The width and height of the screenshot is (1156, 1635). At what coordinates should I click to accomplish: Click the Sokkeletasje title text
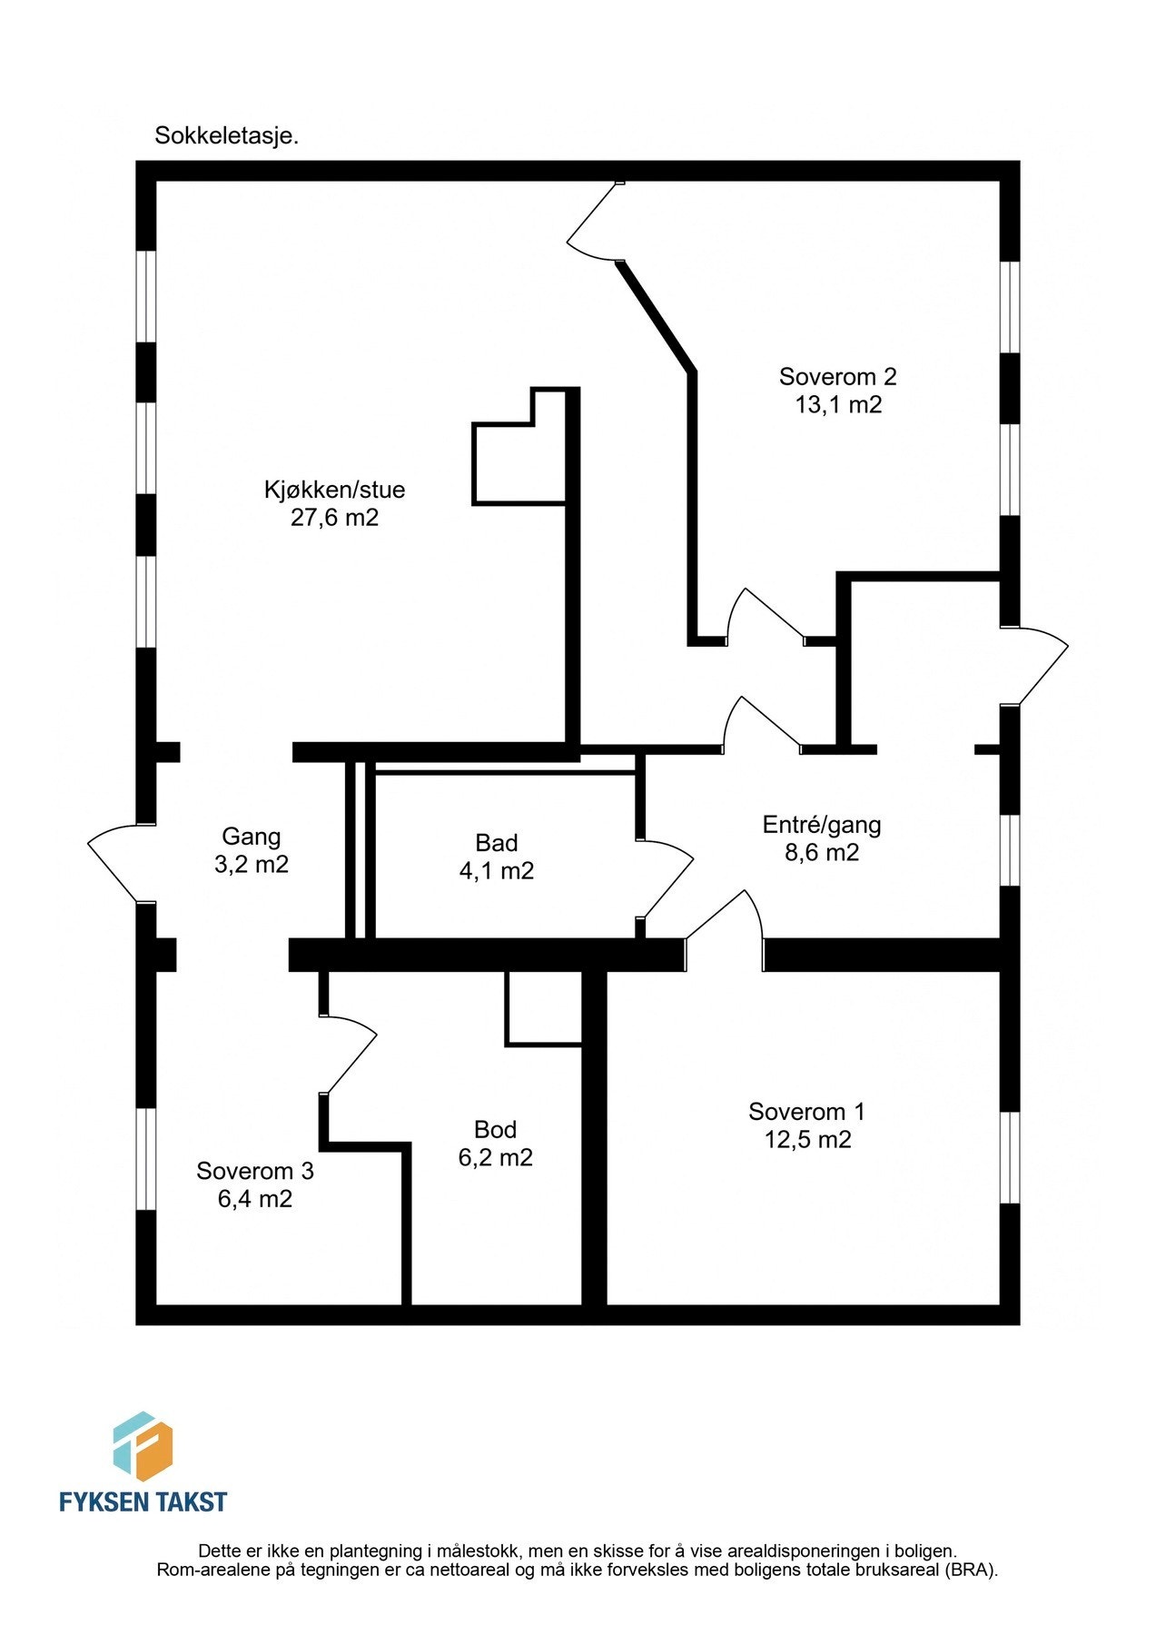(226, 136)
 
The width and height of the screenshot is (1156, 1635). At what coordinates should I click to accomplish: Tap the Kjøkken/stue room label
(334, 490)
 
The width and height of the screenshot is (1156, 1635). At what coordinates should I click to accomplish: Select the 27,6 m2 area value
(334, 518)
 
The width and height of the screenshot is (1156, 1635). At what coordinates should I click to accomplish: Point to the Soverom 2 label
(837, 376)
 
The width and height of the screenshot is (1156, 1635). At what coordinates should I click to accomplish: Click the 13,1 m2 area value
(837, 404)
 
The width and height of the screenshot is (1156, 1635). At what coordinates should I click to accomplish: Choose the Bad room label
(496, 842)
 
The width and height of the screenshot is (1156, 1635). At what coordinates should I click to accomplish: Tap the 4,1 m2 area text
(496, 870)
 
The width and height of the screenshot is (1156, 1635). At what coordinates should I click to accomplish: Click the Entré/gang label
(821, 824)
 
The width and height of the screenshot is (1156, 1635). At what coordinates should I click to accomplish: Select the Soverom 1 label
(806, 1111)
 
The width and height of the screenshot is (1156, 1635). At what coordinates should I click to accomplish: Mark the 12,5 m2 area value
(806, 1139)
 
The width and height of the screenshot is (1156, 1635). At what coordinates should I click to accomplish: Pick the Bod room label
(495, 1129)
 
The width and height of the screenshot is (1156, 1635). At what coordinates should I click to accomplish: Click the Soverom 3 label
(255, 1171)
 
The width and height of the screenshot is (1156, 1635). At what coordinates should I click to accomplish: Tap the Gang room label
(252, 836)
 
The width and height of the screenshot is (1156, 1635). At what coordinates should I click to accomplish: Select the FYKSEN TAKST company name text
(143, 1501)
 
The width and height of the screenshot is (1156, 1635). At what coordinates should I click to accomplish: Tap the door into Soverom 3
(350, 1054)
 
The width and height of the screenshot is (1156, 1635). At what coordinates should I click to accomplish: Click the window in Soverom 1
(1010, 1157)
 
